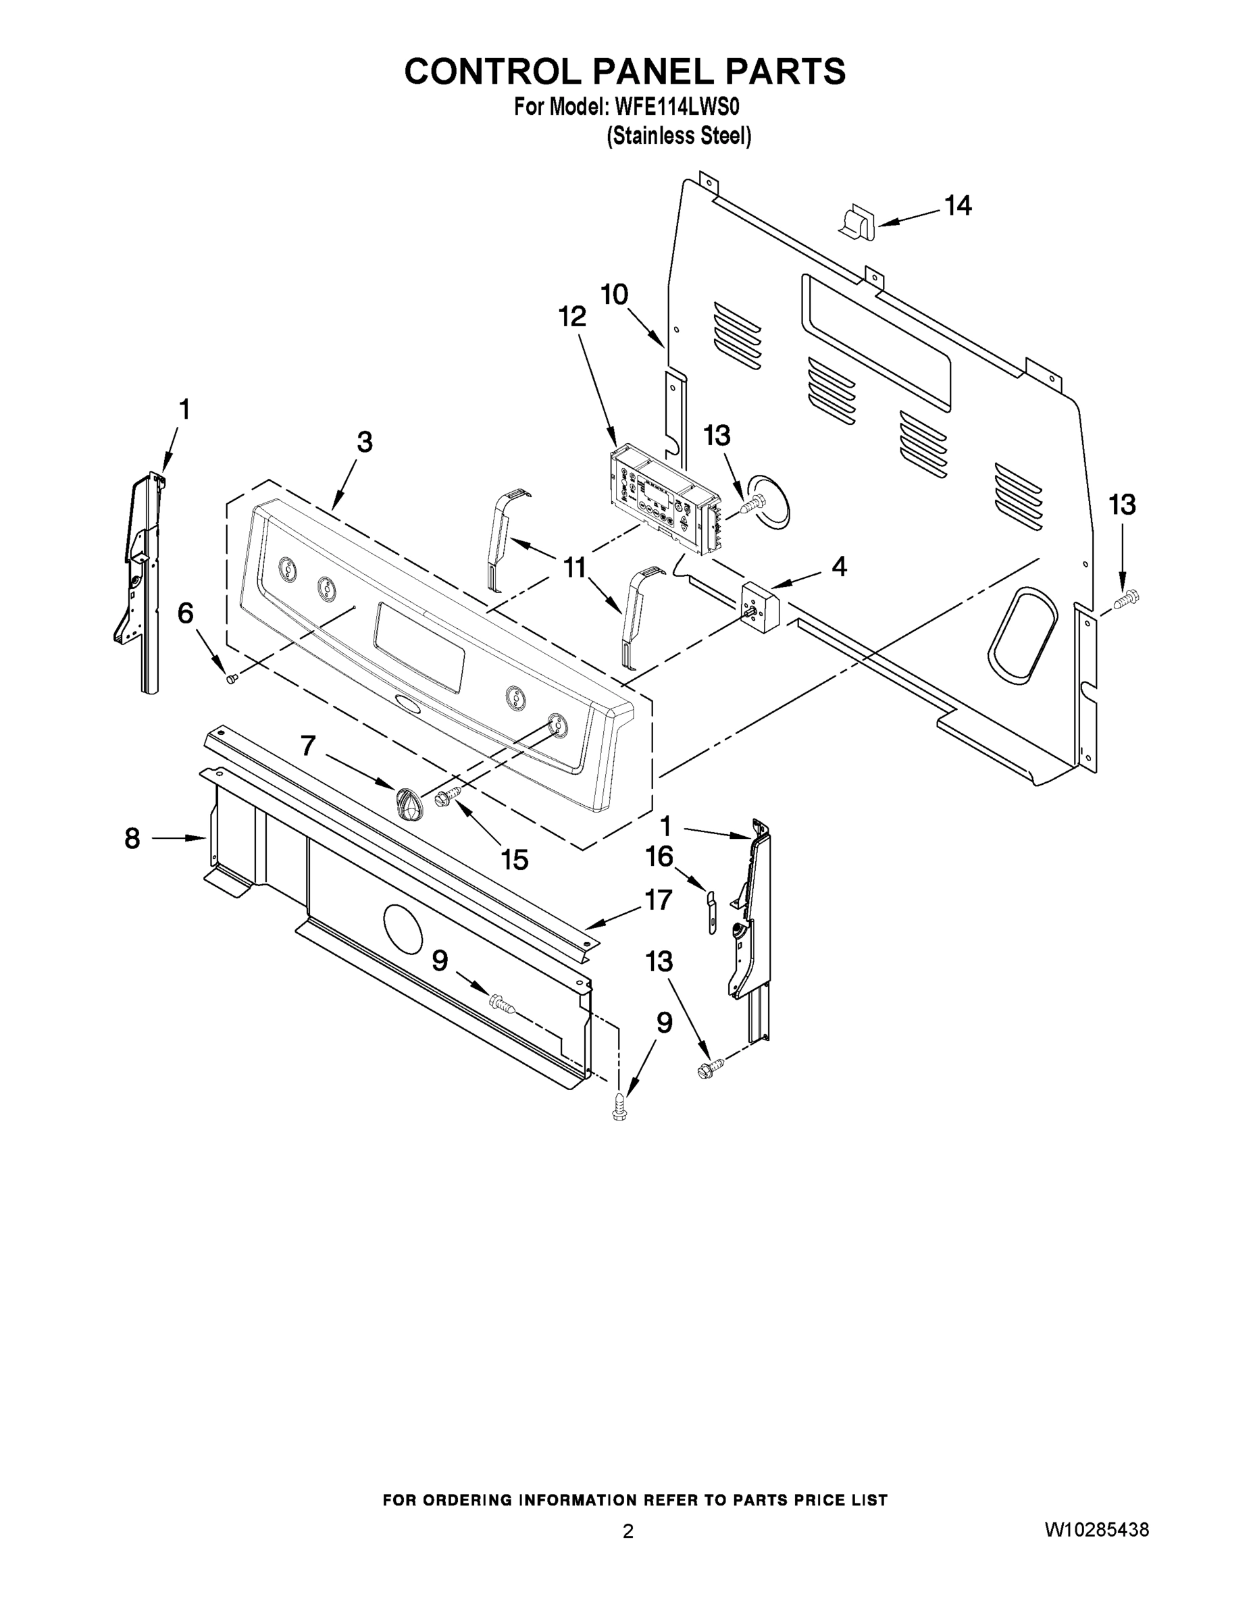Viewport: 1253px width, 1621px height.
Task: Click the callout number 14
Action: click(958, 205)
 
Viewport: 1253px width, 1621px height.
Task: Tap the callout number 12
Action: click(572, 317)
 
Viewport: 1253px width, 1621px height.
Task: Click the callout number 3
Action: click(363, 442)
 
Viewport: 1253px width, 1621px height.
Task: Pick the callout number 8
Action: click(132, 839)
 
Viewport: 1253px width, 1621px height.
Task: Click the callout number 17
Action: click(659, 900)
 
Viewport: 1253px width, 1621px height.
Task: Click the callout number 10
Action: click(615, 294)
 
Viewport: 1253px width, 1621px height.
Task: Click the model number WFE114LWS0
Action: click(676, 107)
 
